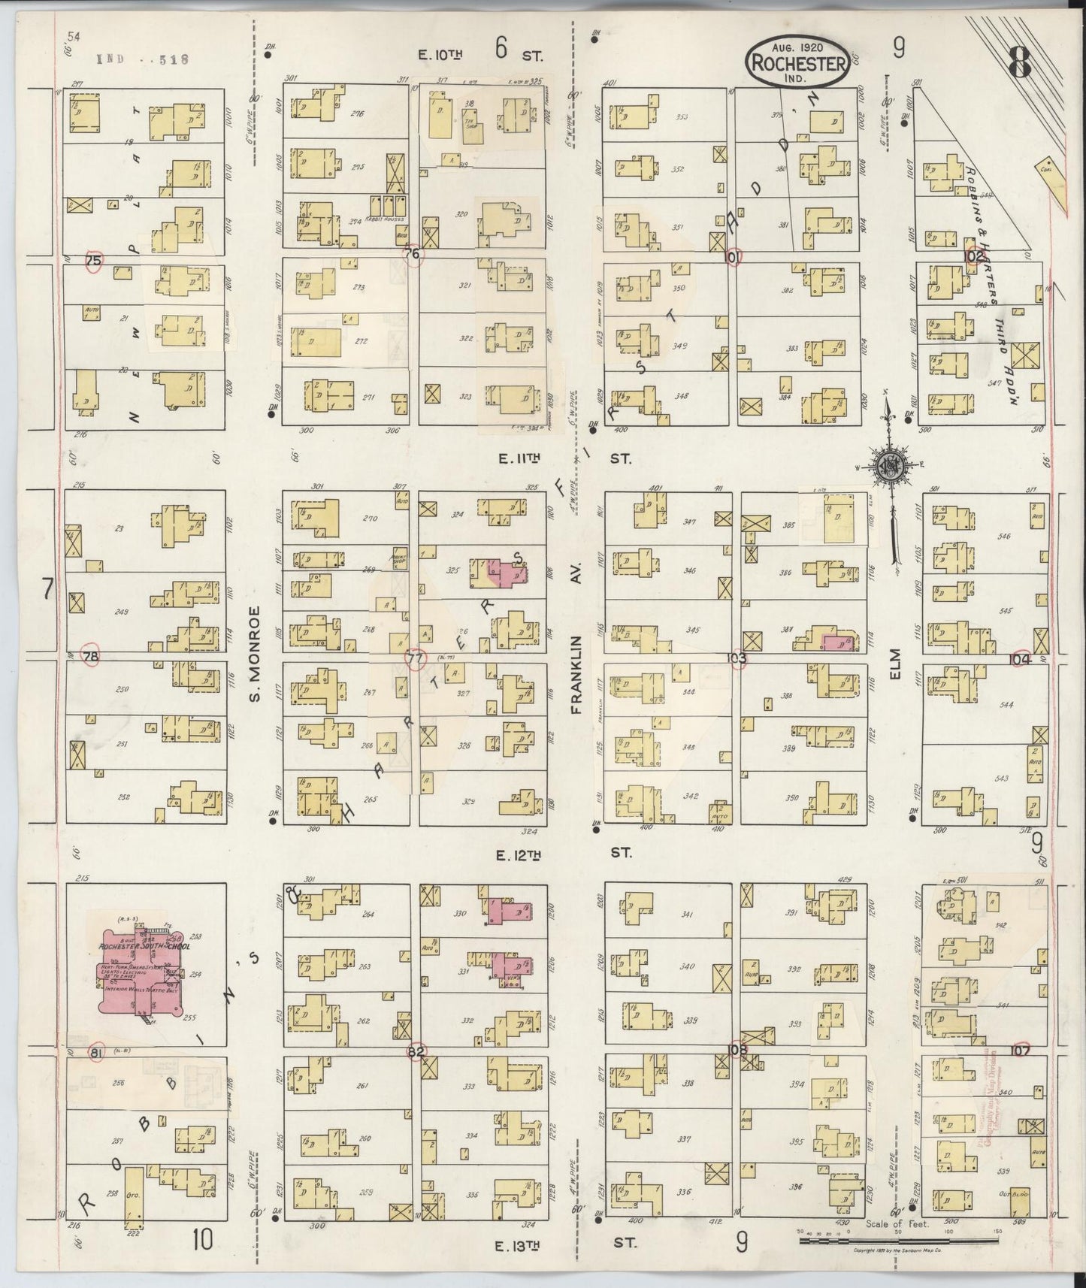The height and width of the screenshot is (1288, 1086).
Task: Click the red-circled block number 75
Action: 93,260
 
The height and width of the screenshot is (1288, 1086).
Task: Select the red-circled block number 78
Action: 92,657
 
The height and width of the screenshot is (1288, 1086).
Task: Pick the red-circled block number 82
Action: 415,1051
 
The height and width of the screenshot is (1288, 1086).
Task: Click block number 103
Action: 737,659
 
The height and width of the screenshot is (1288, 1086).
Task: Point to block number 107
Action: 1020,1051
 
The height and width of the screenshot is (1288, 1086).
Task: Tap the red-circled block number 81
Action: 95,1051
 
